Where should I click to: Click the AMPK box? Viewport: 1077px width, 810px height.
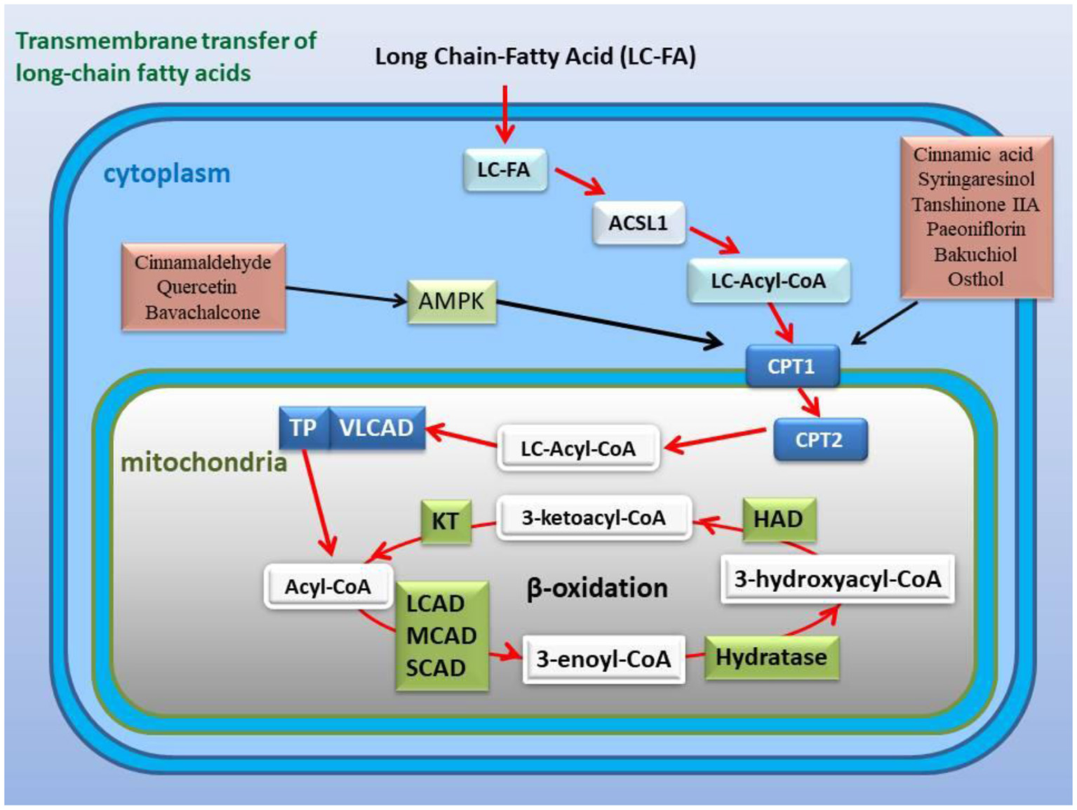[452, 302]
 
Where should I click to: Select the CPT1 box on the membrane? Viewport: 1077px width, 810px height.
[791, 366]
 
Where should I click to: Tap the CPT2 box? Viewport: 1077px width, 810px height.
[820, 440]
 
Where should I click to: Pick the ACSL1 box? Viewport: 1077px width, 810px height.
[638, 223]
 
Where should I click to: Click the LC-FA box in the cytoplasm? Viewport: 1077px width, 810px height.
[504, 170]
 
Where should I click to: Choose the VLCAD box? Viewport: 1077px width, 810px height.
[377, 427]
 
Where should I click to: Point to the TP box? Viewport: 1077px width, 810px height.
[303, 427]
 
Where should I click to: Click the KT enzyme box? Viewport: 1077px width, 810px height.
[445, 522]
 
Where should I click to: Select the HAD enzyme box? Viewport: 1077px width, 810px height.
[778, 519]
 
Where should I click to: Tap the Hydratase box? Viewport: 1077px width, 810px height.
[771, 658]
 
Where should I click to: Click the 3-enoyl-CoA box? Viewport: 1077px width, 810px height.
[603, 659]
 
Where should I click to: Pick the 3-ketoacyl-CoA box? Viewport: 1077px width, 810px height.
[594, 518]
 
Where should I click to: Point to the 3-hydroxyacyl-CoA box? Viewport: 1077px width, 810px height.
[837, 579]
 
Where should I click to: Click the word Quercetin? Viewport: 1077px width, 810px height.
[196, 287]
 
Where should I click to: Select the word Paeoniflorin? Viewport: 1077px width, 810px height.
[975, 230]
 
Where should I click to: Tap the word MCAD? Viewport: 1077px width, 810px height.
[441, 636]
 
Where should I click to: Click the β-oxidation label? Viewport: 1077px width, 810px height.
[597, 587]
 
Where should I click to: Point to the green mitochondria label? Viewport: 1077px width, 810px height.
[203, 463]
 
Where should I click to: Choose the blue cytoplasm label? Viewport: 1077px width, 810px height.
[167, 173]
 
